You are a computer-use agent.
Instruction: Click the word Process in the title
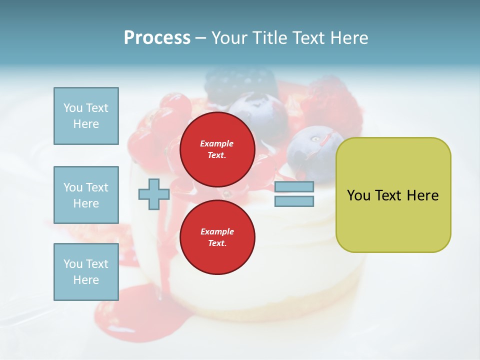point(157,38)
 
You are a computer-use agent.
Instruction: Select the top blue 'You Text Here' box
point(86,116)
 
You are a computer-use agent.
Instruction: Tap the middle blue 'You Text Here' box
point(86,195)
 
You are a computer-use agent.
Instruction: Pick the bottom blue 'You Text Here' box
point(86,271)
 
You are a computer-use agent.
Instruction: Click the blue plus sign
point(154,194)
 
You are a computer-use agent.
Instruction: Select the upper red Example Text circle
point(217,149)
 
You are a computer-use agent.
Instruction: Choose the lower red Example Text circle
point(217,237)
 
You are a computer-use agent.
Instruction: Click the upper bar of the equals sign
point(294,187)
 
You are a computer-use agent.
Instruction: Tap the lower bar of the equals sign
point(294,201)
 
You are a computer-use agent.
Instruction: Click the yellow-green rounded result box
point(393,220)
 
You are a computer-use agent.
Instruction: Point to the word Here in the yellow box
point(422,195)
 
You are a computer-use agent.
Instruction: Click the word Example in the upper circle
point(217,143)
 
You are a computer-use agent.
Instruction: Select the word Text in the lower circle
point(217,243)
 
